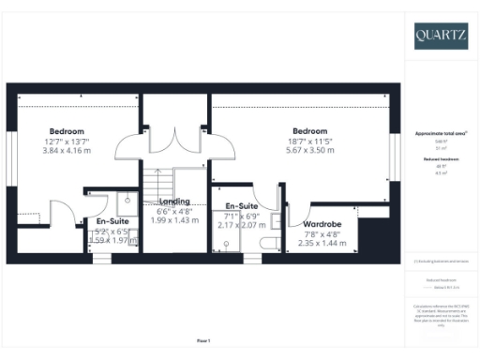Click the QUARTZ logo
click(441, 36)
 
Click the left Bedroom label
click(67, 130)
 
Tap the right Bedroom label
click(308, 130)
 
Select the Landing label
click(174, 201)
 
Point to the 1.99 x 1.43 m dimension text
click(174, 219)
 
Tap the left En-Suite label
click(113, 221)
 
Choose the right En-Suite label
click(242, 206)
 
